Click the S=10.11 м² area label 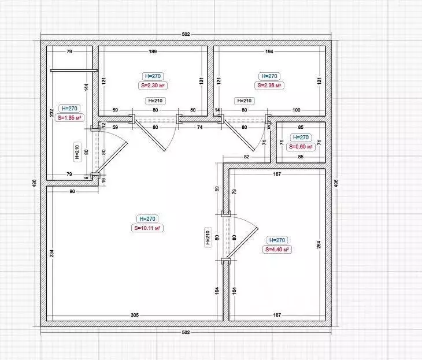(x=147, y=228)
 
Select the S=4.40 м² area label (x=277, y=250)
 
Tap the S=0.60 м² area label (x=301, y=147)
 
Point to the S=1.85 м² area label (x=69, y=117)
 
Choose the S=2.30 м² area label (x=153, y=86)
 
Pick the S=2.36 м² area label (x=269, y=86)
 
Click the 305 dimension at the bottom (x=135, y=315)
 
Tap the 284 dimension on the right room (x=319, y=244)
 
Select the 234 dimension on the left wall (x=51, y=253)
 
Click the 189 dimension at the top (x=153, y=51)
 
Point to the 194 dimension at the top (x=269, y=51)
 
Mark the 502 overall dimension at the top (x=186, y=34)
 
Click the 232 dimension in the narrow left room (x=51, y=113)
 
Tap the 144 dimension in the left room (x=86, y=87)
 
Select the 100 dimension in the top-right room (x=297, y=110)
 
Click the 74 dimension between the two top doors (x=199, y=127)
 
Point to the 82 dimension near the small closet (x=246, y=157)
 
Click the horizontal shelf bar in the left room (x=74, y=70)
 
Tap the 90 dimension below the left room (x=72, y=191)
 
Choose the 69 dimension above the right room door (x=217, y=188)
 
